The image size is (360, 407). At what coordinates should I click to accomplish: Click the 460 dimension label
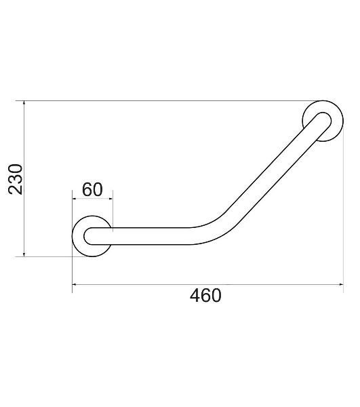[x=205, y=296]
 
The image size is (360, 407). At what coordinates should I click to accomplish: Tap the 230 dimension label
[x=16, y=179]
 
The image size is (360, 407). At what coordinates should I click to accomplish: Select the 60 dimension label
[x=92, y=189]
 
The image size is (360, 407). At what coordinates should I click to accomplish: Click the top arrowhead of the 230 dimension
[x=24, y=103]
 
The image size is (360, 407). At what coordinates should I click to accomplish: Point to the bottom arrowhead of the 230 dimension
[x=24, y=254]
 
